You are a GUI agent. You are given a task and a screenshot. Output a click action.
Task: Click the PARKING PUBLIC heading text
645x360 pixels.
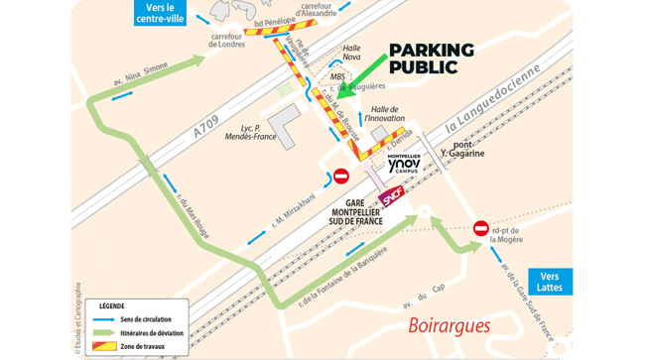point(431,59)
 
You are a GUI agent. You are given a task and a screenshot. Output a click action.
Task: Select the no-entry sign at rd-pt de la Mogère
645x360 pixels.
point(482,228)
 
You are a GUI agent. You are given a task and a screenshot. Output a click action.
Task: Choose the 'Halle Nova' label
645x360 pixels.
point(351,54)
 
